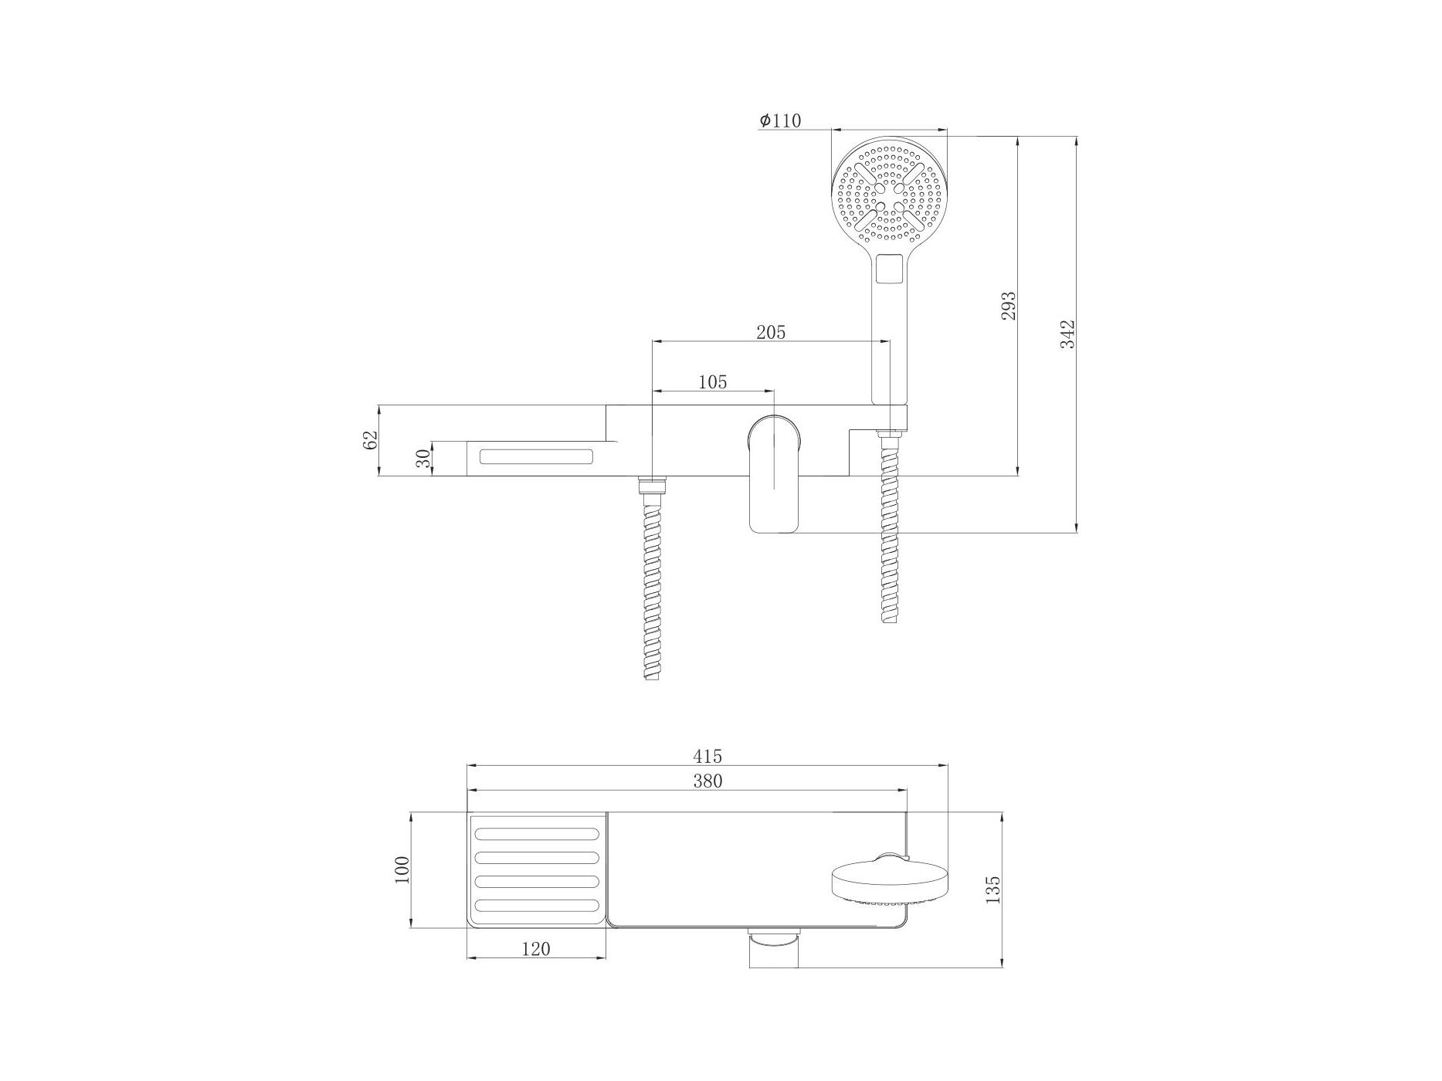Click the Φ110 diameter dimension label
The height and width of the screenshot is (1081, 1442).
780,120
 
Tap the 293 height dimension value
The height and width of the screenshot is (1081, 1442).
1009,306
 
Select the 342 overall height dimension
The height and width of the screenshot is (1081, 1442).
1067,334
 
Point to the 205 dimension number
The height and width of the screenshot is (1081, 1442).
771,332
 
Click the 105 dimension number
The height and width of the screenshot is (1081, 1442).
712,381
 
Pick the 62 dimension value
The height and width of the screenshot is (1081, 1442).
370,439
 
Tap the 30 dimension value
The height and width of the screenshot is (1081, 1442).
422,459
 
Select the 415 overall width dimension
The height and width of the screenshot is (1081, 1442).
707,756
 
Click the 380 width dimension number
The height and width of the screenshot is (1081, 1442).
707,781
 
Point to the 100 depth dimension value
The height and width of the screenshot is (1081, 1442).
402,870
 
